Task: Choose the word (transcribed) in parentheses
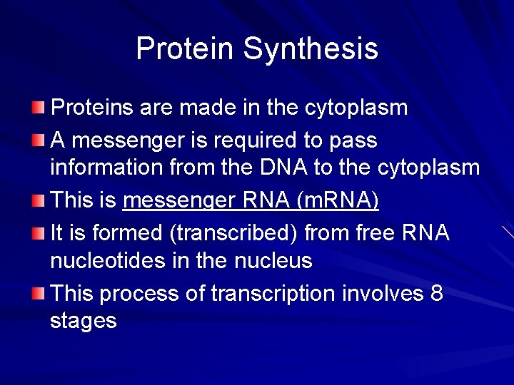point(240,233)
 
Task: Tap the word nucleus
point(273,261)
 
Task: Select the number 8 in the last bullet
point(436,293)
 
